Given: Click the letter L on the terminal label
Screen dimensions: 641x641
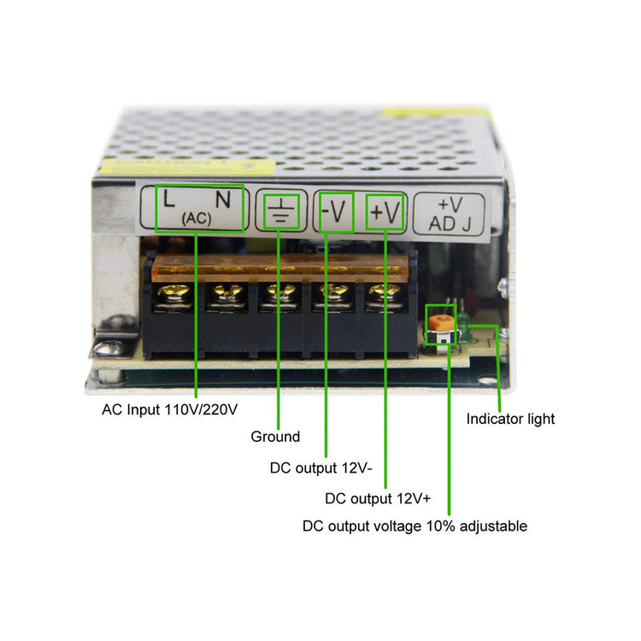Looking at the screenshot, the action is point(169,198).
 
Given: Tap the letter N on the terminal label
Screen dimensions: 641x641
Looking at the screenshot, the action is point(223,199).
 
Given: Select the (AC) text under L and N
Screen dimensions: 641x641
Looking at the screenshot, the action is point(197,219).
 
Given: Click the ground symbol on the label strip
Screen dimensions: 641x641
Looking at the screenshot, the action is point(281,210).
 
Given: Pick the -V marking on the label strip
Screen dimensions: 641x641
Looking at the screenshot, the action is point(333,212).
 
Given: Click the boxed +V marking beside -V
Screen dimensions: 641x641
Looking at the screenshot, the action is point(385,213).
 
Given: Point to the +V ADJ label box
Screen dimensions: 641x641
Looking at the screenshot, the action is point(450,215).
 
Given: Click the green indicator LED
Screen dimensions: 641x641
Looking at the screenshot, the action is point(464,327).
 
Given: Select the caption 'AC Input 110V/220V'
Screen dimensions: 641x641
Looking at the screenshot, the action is point(170,409).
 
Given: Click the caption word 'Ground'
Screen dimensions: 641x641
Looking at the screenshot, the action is point(275,437).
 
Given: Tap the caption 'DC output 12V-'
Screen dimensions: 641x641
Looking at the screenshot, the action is point(320,468).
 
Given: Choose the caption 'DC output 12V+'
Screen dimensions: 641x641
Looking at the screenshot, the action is point(378,498).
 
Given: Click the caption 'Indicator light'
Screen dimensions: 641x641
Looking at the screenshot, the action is point(510,419).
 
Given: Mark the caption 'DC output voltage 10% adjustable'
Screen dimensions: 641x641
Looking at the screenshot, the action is point(415,526).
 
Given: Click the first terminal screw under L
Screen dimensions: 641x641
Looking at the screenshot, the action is point(173,294).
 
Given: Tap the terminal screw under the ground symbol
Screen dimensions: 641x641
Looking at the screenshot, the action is point(280,294).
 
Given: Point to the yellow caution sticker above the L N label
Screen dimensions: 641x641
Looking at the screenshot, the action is point(189,167).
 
